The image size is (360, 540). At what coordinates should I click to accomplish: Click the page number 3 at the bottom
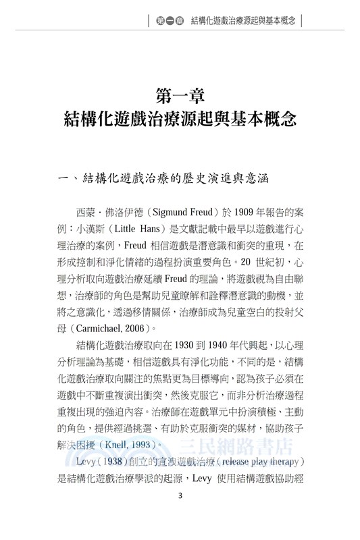coord(180,515)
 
